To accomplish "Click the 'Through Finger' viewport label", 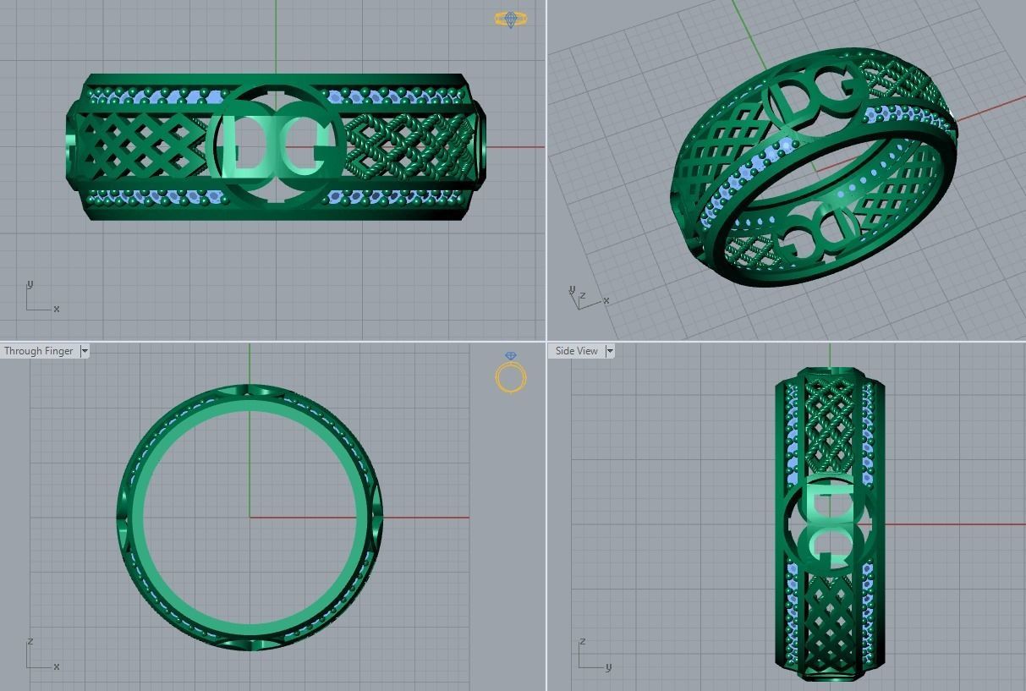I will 39,351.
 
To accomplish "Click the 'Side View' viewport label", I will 576,351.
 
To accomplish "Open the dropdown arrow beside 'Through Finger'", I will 85,351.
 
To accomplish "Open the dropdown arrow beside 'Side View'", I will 610,351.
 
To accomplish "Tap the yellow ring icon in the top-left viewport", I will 510,18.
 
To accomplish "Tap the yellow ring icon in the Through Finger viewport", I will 511,375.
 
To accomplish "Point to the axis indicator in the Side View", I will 592,655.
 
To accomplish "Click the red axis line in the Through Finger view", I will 423,518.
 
